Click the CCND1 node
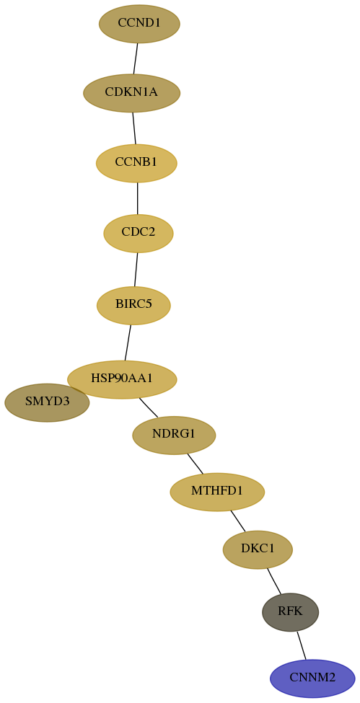tap(139, 24)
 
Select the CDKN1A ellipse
tap(131, 93)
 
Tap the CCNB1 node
tap(136, 163)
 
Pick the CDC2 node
tap(139, 233)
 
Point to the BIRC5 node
tap(133, 305)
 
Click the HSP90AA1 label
tap(122, 379)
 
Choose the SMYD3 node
tap(47, 402)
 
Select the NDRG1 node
tap(174, 435)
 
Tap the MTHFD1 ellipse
tap(217, 492)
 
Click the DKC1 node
tap(258, 549)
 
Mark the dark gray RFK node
tap(291, 612)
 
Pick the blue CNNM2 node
tap(312, 678)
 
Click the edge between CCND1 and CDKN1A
tap(136, 58)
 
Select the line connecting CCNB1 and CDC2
tap(137, 198)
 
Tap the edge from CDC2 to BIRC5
tap(136, 270)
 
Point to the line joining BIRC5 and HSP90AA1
tap(128, 342)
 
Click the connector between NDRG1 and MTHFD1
tap(196, 464)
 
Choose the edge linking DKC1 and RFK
tap(274, 581)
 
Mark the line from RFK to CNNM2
tap(301, 645)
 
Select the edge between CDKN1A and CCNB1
tap(133, 128)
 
